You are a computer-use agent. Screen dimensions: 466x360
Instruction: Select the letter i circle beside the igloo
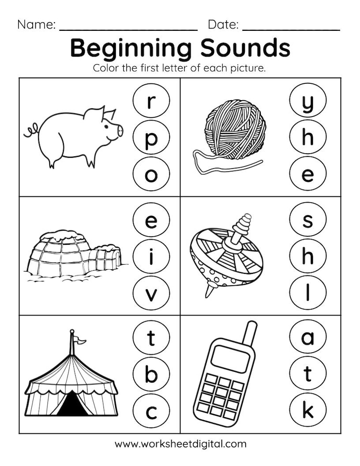[151, 257]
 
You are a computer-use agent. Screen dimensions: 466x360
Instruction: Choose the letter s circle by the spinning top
[307, 221]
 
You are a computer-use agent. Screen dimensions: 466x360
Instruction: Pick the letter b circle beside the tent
[151, 375]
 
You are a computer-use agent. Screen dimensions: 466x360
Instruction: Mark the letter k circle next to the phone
[307, 411]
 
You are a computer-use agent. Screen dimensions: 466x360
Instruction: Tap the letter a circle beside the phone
[307, 338]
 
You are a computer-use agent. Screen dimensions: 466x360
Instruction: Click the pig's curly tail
[30, 131]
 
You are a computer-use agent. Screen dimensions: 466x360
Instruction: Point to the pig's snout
[120, 130]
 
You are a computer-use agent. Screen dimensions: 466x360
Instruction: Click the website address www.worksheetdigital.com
[180, 444]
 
